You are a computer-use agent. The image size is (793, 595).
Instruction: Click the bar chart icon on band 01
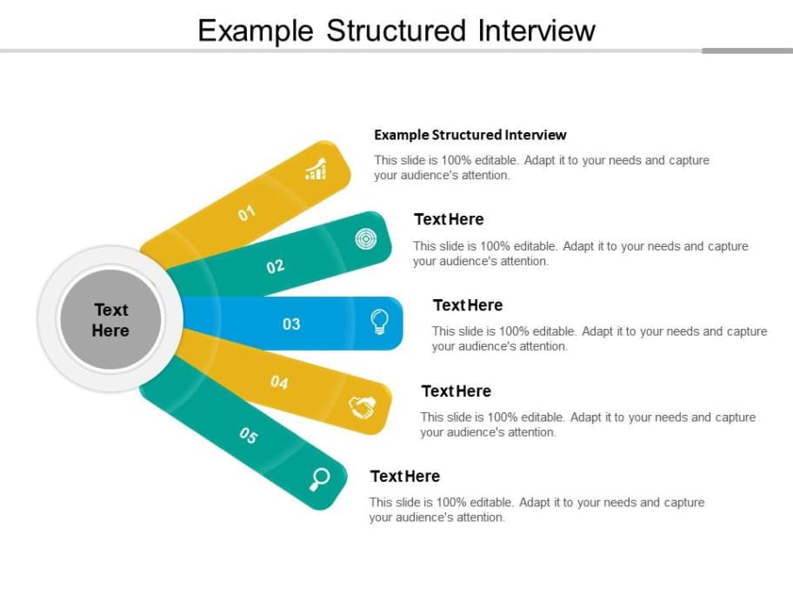pos(317,169)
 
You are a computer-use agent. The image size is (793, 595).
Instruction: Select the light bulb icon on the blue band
pos(380,322)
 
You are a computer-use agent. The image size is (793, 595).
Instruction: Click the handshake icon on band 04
pos(362,407)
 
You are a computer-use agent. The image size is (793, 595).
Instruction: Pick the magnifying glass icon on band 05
pos(320,478)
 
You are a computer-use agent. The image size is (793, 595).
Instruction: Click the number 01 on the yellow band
pos(247,213)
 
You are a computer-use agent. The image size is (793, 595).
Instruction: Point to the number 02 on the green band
pos(276,266)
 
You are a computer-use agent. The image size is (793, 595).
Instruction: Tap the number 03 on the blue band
pos(291,324)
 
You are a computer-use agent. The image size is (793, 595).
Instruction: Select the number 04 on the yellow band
pos(279,381)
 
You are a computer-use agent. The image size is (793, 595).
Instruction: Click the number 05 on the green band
pos(249,436)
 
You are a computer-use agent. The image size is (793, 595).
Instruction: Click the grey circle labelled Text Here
pos(110,320)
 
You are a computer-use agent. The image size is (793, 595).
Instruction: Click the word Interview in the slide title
pos(536,30)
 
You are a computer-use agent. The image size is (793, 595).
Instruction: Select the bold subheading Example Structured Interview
pos(470,135)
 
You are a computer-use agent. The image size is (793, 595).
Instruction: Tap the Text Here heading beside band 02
pos(449,219)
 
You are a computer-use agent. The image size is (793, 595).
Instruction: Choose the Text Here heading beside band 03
pos(468,305)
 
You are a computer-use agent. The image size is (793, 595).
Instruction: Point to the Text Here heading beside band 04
pos(456,391)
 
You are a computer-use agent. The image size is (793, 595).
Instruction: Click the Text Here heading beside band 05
pos(405,476)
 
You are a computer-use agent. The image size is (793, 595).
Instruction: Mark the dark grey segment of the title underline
pos(747,50)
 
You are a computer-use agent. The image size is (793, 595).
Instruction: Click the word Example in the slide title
pos(256,30)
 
